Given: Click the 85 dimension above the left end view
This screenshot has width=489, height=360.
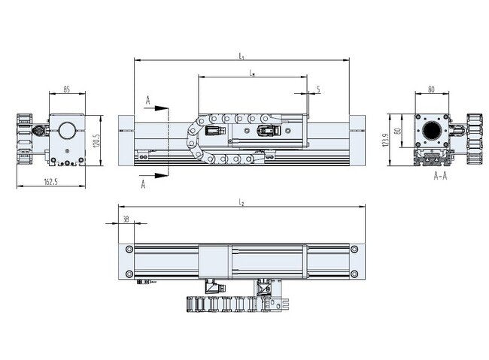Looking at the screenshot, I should tap(66, 90).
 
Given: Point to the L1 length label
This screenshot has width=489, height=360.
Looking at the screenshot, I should tap(241, 55).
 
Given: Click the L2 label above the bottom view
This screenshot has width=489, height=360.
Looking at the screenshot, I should tap(241, 202).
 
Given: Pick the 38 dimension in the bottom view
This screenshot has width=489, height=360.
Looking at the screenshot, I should tap(125, 219).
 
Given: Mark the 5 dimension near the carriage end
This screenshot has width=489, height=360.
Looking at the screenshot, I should tap(318, 89).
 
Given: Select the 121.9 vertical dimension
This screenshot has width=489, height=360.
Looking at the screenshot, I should tap(386, 141).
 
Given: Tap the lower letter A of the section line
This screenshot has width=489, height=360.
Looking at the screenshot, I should tap(143, 184).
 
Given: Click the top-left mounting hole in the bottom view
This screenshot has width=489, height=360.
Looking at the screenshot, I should tap(130, 248).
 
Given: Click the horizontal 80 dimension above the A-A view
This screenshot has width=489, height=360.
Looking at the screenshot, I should tap(431, 89).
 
